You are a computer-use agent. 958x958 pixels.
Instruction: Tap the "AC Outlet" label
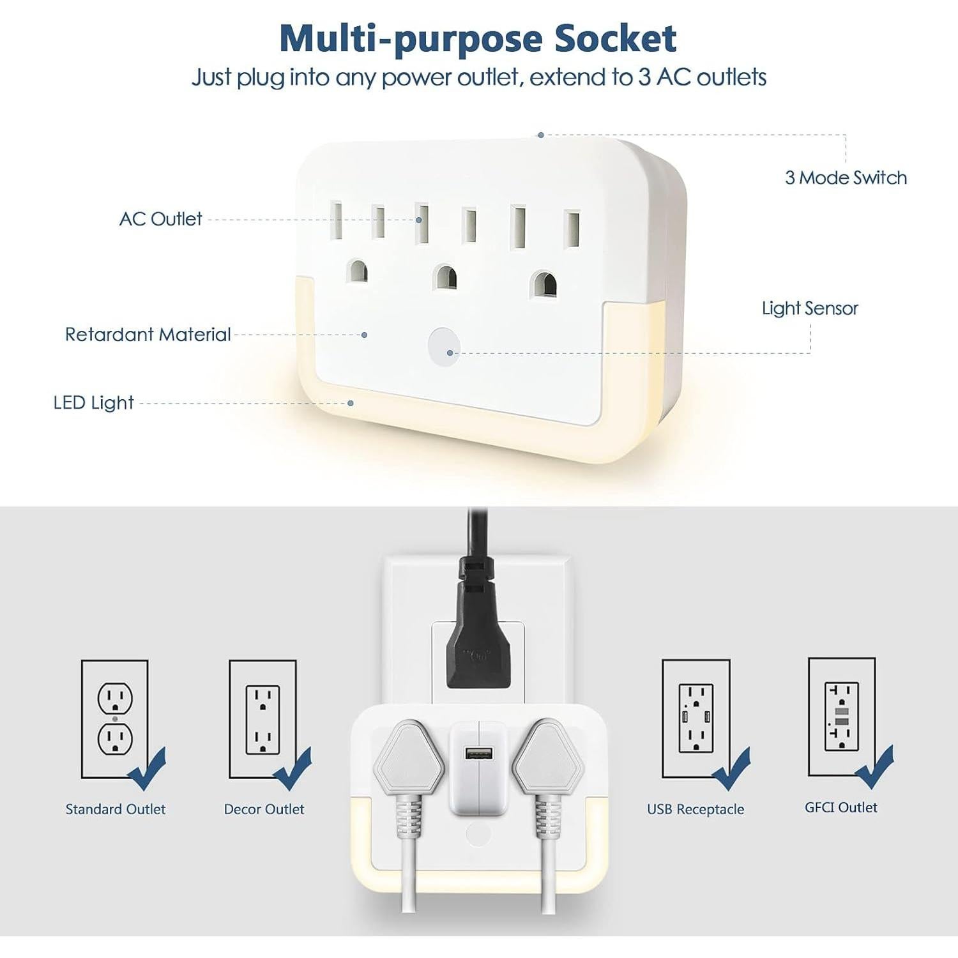tap(160, 219)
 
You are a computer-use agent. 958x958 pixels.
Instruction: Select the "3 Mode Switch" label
tap(846, 178)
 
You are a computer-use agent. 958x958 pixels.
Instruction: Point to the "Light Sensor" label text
tap(810, 308)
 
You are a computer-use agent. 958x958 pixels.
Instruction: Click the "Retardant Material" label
tap(148, 335)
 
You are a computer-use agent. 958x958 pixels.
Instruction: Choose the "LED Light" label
tap(93, 403)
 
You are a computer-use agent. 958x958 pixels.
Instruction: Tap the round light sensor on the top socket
tap(443, 347)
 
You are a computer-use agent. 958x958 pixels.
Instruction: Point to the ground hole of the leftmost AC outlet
tap(358, 271)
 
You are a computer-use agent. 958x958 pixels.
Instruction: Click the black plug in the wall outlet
tap(478, 639)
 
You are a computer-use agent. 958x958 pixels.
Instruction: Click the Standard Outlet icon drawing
tap(115, 718)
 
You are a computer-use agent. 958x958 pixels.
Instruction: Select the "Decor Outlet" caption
tap(264, 809)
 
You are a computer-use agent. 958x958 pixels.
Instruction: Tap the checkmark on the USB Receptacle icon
tap(731, 770)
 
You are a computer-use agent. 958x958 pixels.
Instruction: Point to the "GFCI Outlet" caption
tap(840, 807)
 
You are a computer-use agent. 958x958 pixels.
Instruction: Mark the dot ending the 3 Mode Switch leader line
tap(540, 135)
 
